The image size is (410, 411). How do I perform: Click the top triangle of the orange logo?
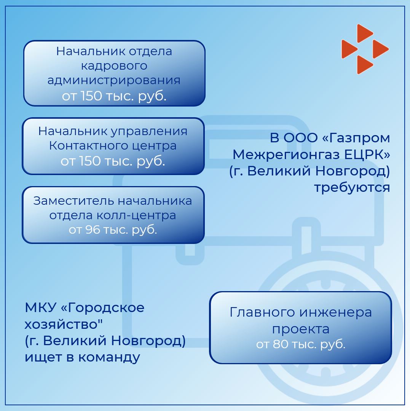pyautogui.click(x=364, y=33)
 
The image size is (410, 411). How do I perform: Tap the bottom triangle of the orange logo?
pyautogui.click(x=364, y=65)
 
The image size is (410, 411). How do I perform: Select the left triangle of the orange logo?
pyautogui.click(x=348, y=49)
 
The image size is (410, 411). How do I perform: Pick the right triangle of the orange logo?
pyautogui.click(x=380, y=49)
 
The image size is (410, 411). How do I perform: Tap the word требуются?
pyautogui.click(x=352, y=188)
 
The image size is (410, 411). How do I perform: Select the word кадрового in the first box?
pyautogui.click(x=114, y=66)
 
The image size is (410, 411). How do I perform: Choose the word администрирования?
pyautogui.click(x=114, y=80)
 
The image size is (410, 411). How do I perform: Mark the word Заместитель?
pyautogui.click(x=74, y=201)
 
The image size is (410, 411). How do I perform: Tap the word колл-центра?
pyautogui.click(x=136, y=216)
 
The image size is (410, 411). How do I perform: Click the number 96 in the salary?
pyautogui.click(x=93, y=230)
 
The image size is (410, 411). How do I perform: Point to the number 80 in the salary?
pyautogui.click(x=281, y=344)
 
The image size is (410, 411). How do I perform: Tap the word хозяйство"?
pyautogui.click(x=64, y=325)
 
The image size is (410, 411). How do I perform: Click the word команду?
pyautogui.click(x=109, y=357)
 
